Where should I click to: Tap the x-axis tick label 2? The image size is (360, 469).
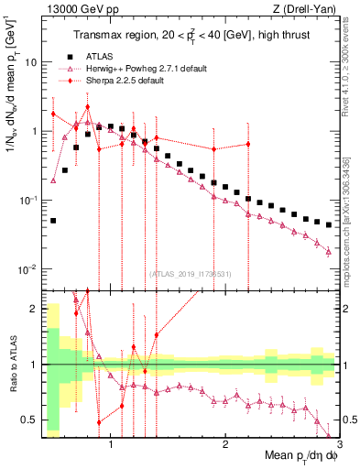[x=225, y=445]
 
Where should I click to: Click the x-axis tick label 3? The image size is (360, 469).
[x=339, y=445]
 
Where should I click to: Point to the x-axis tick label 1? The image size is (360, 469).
[x=111, y=445]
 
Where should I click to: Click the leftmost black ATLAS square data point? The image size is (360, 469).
[x=53, y=220]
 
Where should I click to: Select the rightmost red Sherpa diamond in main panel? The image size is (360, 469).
[x=248, y=144]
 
